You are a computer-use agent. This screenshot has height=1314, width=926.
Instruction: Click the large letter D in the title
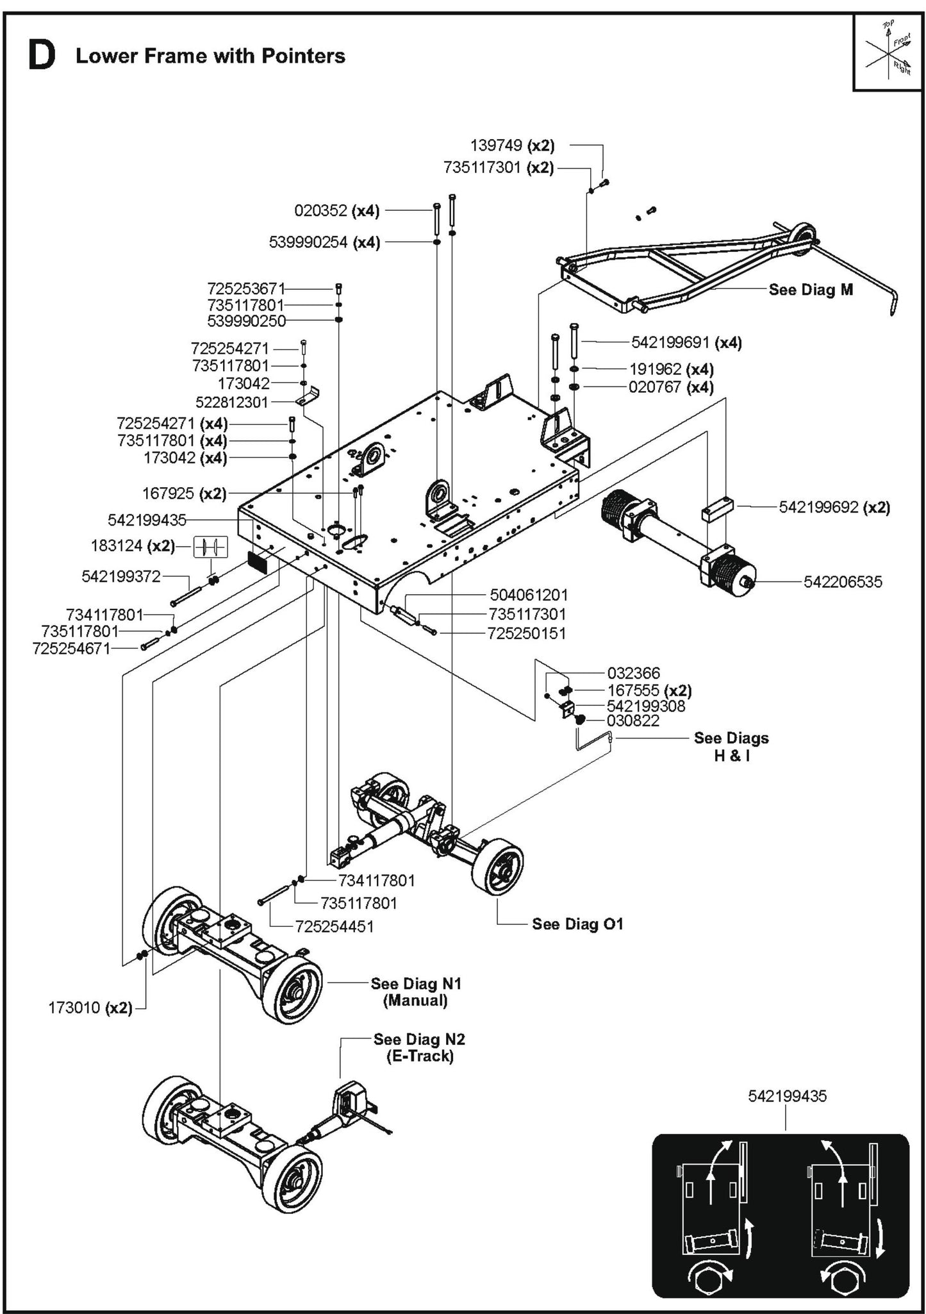[42, 56]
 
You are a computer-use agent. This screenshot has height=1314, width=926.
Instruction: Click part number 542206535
[842, 582]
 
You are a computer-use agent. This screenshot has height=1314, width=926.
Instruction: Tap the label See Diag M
[811, 290]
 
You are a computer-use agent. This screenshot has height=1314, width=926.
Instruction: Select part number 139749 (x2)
[512, 146]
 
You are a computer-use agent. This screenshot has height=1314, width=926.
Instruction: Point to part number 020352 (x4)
[336, 210]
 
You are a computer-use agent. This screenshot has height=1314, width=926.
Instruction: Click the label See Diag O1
[577, 924]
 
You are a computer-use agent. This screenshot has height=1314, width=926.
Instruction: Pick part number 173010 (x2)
[90, 1008]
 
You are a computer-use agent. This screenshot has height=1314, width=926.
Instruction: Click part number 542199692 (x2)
[834, 507]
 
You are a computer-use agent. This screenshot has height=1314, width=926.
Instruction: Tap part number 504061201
[529, 595]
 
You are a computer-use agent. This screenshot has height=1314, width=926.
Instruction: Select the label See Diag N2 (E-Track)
[420, 1047]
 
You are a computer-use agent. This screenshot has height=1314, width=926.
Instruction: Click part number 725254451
[334, 926]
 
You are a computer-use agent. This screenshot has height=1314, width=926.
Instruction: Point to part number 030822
[633, 720]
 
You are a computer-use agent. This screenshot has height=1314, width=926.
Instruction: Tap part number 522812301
[232, 402]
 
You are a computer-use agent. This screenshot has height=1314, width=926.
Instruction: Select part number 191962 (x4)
[671, 369]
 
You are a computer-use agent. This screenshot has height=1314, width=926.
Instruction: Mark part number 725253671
[245, 288]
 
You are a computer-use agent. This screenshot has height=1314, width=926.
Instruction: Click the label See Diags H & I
[731, 747]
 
